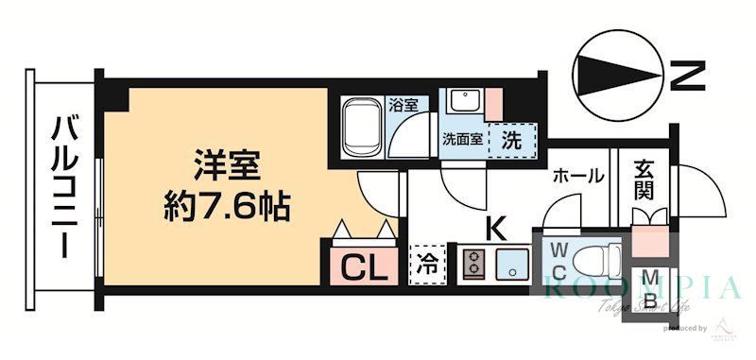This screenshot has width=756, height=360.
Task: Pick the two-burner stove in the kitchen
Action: (473, 264)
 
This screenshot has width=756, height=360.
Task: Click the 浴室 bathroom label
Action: (403, 105)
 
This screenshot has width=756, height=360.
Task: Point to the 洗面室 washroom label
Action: (462, 138)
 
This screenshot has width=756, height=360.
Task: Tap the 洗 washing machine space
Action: (511, 140)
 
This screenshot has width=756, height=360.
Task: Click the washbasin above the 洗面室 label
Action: (462, 102)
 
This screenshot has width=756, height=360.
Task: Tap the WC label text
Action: (558, 260)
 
